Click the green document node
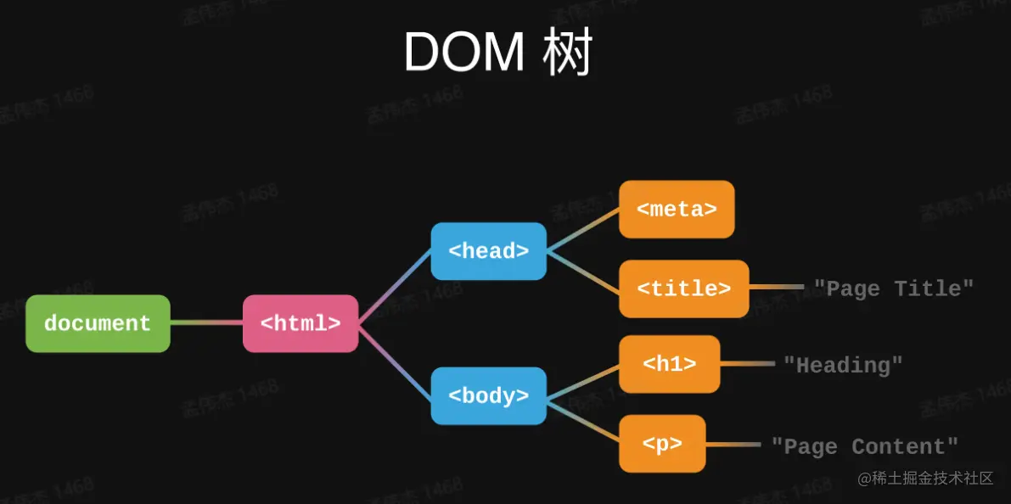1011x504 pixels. tap(98, 323)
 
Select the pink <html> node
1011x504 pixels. tap(300, 323)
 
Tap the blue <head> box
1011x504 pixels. tap(488, 251)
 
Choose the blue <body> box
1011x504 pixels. tap(488, 395)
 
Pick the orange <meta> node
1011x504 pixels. tap(677, 209)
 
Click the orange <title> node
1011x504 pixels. tap(683, 288)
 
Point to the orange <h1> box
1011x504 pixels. tap(670, 364)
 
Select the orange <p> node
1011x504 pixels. tap(662, 444)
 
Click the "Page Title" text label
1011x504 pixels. tap(894, 288)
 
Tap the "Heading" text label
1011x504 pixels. tap(843, 365)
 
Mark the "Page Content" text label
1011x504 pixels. tap(864, 446)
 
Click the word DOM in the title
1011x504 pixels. tap(463, 53)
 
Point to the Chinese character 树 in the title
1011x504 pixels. tap(568, 53)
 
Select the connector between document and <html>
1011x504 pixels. tap(206, 322)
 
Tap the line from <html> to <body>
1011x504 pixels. tap(395, 360)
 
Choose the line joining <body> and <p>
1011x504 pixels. tap(582, 420)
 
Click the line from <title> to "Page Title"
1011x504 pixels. tap(776, 288)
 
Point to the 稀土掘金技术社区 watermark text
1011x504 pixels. tap(925, 479)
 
